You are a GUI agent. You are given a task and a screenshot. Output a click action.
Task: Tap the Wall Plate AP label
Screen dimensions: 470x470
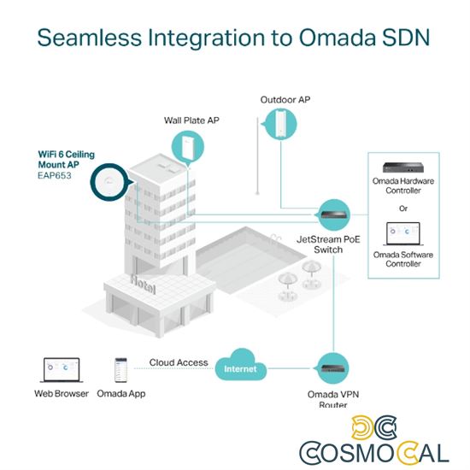click(x=191, y=120)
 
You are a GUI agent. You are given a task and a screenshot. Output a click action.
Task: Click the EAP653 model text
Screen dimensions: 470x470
click(x=54, y=176)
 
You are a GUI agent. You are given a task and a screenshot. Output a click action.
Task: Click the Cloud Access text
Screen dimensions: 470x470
click(x=179, y=362)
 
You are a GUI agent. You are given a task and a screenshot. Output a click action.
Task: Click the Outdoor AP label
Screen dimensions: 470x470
click(x=285, y=100)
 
